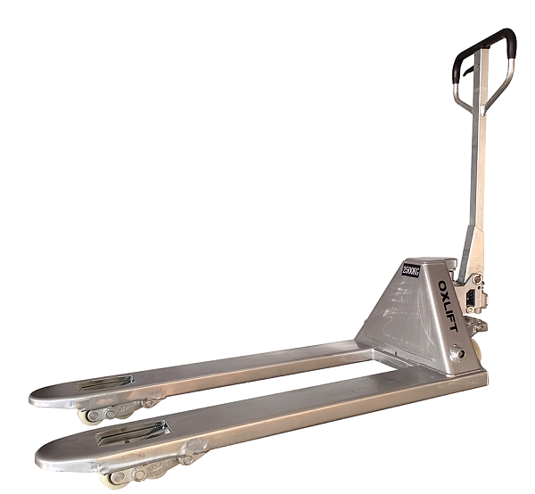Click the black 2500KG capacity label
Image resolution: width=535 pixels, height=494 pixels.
point(411,270)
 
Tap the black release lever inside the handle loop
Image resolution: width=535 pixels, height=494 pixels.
point(468,71)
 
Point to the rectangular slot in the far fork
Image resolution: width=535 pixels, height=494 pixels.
point(105,383)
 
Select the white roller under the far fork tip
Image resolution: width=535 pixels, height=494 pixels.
point(88,416)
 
